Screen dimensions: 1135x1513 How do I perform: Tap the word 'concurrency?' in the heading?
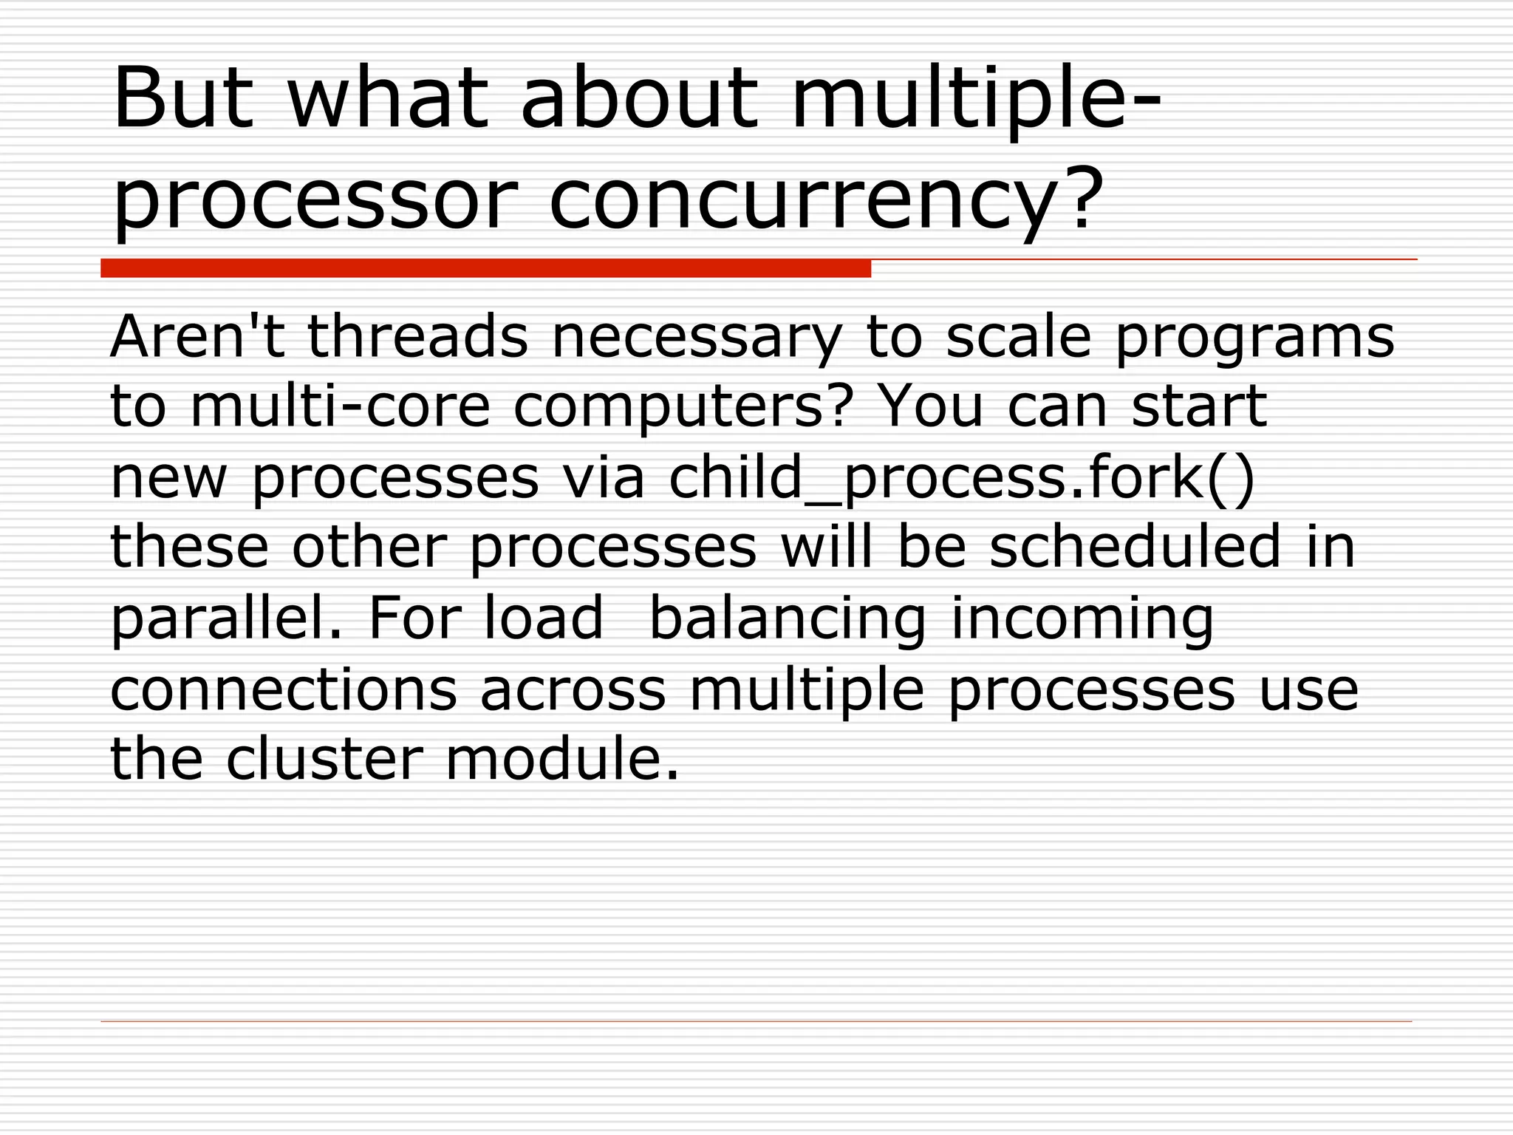[826, 200]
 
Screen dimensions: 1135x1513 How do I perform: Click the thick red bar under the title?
[485, 268]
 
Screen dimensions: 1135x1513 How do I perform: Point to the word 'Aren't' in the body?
[197, 336]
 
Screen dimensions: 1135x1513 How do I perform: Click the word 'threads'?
[417, 336]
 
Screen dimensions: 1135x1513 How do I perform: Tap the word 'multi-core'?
[340, 406]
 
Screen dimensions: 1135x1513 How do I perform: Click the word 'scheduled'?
[1135, 546]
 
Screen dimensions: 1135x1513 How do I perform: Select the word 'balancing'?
[787, 619]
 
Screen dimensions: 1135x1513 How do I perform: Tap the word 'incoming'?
[1082, 619]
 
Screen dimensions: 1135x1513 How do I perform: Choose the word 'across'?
[573, 691]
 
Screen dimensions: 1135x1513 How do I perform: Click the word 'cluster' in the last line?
[324, 759]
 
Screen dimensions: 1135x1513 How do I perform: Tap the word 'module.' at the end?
[561, 759]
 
